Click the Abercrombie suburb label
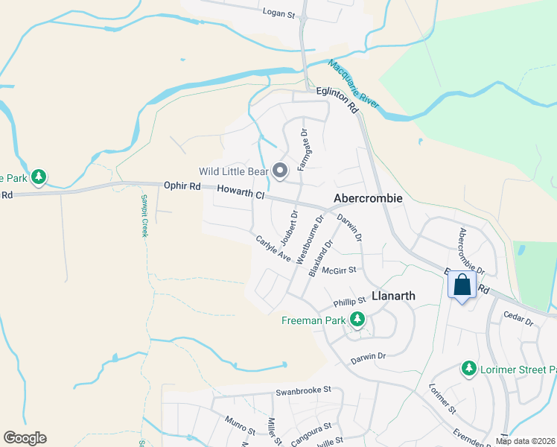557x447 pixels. click(x=368, y=199)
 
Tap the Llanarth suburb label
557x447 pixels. click(x=386, y=296)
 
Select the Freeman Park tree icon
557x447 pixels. click(x=358, y=320)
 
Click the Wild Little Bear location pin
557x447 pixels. click(x=281, y=171)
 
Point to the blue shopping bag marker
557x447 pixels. click(x=462, y=285)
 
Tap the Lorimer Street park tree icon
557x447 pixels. click(x=468, y=368)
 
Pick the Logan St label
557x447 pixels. click(x=279, y=13)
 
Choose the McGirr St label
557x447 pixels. click(x=339, y=270)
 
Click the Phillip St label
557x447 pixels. click(x=350, y=302)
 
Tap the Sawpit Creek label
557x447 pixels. click(x=144, y=216)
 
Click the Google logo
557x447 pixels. click(x=25, y=438)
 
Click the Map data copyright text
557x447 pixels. click(x=526, y=441)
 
